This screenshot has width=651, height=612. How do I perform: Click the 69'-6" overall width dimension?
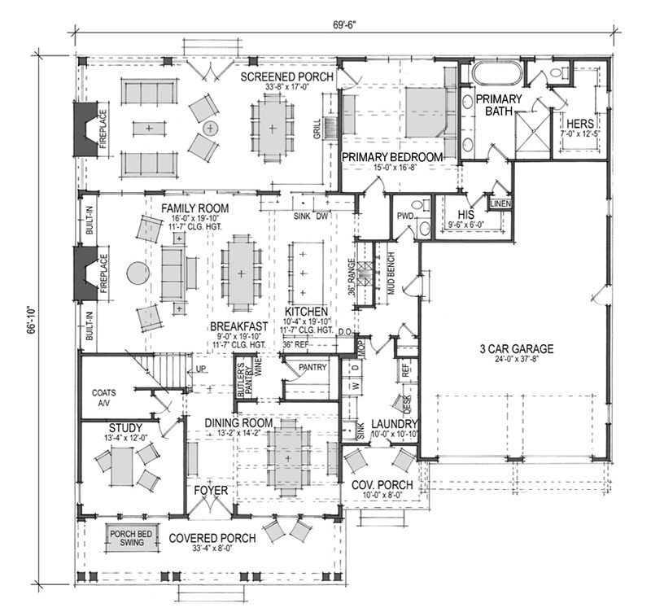(344, 24)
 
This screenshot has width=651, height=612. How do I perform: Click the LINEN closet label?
(500, 203)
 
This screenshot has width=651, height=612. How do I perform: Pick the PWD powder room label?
(404, 216)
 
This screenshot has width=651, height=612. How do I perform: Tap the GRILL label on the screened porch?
(317, 129)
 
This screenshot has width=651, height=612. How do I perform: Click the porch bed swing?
(131, 540)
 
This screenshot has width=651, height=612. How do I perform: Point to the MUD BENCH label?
(391, 273)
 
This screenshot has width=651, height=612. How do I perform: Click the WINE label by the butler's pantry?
(259, 366)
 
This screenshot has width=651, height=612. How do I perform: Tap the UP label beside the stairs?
(200, 369)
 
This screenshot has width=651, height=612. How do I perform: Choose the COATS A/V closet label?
(104, 397)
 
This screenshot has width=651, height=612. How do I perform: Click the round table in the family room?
(138, 273)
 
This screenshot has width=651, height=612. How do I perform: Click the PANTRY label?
(312, 367)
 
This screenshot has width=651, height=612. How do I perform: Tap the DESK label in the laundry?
(407, 404)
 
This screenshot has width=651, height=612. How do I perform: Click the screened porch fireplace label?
(103, 129)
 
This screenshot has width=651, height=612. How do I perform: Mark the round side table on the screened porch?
(210, 127)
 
